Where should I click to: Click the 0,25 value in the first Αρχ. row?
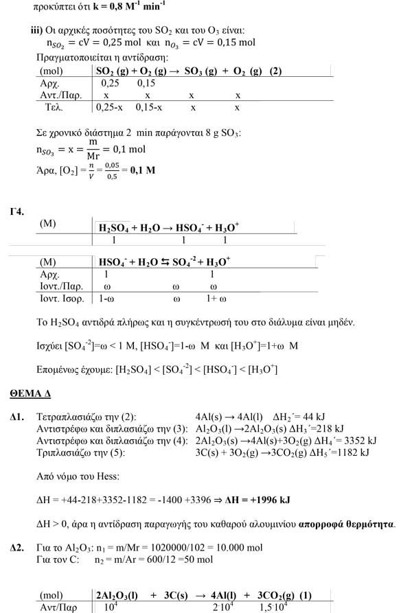110,83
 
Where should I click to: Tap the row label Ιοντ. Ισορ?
62,299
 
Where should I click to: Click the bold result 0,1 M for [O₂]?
142,170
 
